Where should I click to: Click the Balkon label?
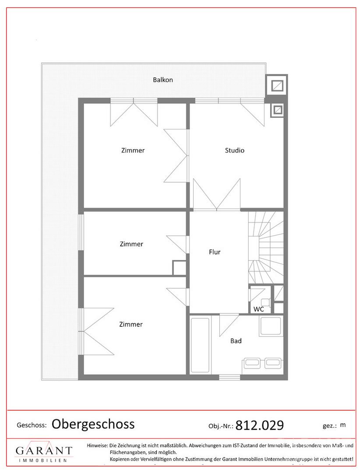pyautogui.click(x=163, y=80)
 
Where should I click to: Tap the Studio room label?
pyautogui.click(x=235, y=150)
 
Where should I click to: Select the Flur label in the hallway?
pyautogui.click(x=215, y=252)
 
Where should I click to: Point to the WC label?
pyautogui.click(x=259, y=309)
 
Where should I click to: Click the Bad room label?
pyautogui.click(x=236, y=341)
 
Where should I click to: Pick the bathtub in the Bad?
pyautogui.click(x=200, y=345)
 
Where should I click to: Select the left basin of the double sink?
pyautogui.click(x=252, y=363)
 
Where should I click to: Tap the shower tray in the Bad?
pyautogui.click(x=271, y=326)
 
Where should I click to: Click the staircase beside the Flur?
pyautogui.click(x=266, y=247)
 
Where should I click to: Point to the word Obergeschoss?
pyautogui.click(x=93, y=424)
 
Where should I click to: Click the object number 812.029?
pyautogui.click(x=260, y=425)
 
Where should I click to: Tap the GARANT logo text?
pyautogui.click(x=44, y=450)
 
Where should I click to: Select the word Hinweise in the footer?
pyautogui.click(x=97, y=445)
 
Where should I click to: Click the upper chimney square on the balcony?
pyautogui.click(x=276, y=86)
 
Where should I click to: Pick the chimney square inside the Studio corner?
pyautogui.click(x=277, y=110)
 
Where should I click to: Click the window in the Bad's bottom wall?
pyautogui.click(x=229, y=377)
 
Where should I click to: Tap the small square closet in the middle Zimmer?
pyautogui.click(x=179, y=268)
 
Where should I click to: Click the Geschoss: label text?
pyautogui.click(x=32, y=426)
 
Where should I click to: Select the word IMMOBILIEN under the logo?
pyautogui.click(x=42, y=460)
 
